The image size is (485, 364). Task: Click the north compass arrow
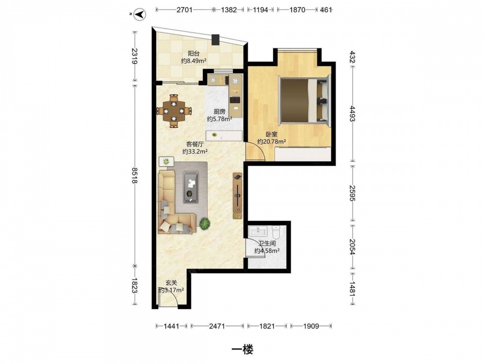(141, 14)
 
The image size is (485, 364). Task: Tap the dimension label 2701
(185, 10)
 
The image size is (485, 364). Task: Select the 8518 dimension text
(134, 176)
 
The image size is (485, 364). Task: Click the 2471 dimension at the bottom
(217, 326)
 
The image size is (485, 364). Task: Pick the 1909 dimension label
(311, 326)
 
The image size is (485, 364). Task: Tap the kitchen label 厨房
(219, 112)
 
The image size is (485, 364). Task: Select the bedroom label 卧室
(271, 134)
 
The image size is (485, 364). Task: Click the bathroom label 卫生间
(267, 244)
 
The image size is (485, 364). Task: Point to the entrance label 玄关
(171, 283)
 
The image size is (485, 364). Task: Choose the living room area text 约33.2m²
(194, 151)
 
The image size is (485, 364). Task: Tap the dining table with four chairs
(174, 111)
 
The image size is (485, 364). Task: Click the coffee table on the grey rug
(191, 187)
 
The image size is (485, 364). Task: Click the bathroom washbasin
(258, 231)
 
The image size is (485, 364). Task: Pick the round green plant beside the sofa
(205, 223)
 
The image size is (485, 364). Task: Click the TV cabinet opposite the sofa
(237, 196)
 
